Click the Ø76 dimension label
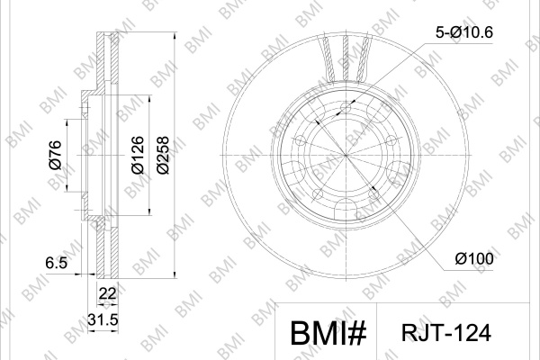[x=56, y=155]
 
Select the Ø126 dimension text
[x=138, y=155]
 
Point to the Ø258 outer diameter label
[x=163, y=155]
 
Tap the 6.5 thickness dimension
[x=56, y=263]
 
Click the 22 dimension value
[x=107, y=294]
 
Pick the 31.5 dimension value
[x=103, y=319]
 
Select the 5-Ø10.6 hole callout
[x=464, y=32]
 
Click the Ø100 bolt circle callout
[x=474, y=258]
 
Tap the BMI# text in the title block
[x=328, y=333]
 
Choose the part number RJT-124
[x=446, y=333]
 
